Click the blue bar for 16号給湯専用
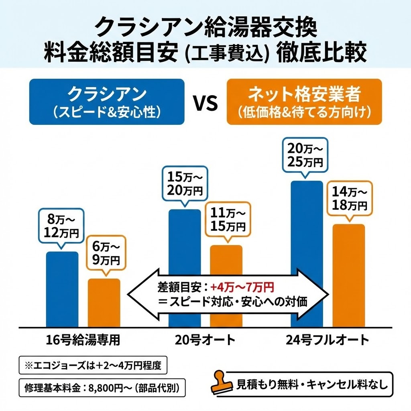click(x=62, y=289)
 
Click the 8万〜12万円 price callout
click(x=61, y=226)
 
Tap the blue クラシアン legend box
click(x=107, y=101)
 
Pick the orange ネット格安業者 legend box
click(x=304, y=101)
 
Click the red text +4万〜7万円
click(x=242, y=287)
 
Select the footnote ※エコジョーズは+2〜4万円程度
click(x=93, y=366)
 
